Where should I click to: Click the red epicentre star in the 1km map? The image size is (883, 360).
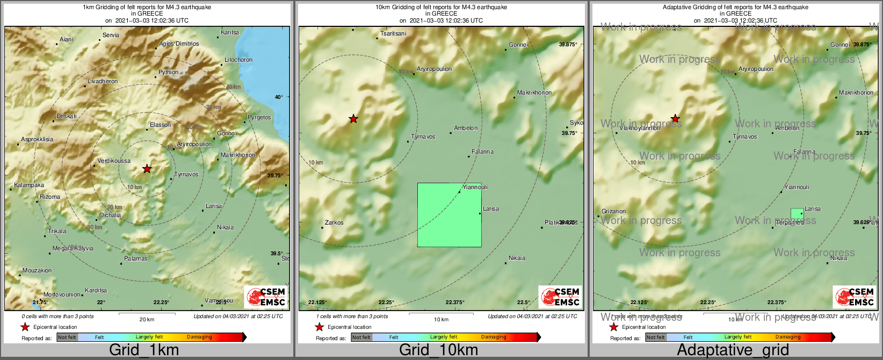pyautogui.click(x=147, y=169)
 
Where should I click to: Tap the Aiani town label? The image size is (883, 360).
pyautogui.click(x=67, y=39)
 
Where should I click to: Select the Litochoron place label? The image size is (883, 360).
pyautogui.click(x=238, y=60)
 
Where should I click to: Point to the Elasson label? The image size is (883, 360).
pyautogui.click(x=160, y=125)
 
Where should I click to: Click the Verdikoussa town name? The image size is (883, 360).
pyautogui.click(x=114, y=161)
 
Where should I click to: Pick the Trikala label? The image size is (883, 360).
pyautogui.click(x=57, y=231)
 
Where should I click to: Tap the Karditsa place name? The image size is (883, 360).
pyautogui.click(x=96, y=290)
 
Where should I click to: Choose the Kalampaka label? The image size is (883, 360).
pyautogui.click(x=29, y=185)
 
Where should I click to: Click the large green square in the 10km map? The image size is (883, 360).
pyautogui.click(x=449, y=215)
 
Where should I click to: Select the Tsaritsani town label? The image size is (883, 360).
pyautogui.click(x=393, y=33)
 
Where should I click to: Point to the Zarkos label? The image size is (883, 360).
pyautogui.click(x=334, y=222)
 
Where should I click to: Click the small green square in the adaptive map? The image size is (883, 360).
pyautogui.click(x=797, y=214)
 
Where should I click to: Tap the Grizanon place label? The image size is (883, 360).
pyautogui.click(x=614, y=211)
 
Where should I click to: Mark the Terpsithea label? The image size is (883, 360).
pyautogui.click(x=790, y=222)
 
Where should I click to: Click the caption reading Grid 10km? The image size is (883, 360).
pyautogui.click(x=438, y=350)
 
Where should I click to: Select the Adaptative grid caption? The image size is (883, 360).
pyautogui.click(x=733, y=350)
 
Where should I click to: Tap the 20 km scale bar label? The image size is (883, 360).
pyautogui.click(x=147, y=319)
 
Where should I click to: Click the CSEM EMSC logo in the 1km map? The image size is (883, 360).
pyautogui.click(x=266, y=297)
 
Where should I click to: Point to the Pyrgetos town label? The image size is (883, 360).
pyautogui.click(x=259, y=117)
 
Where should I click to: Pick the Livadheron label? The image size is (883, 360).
pyautogui.click(x=103, y=81)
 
